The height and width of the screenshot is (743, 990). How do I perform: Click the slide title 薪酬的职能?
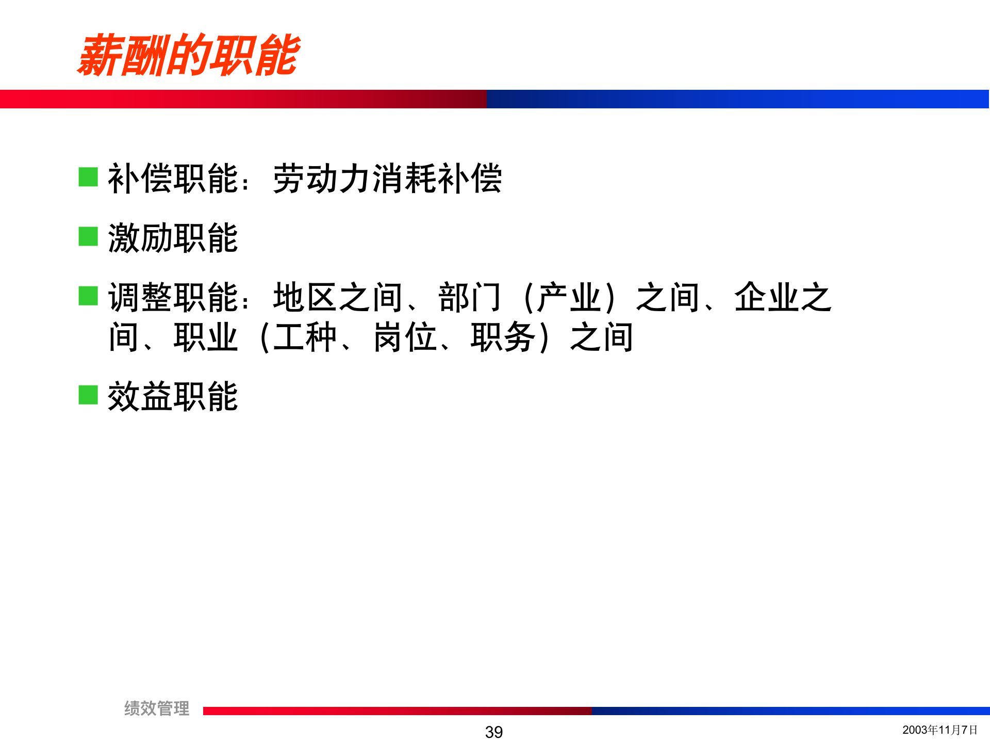(189, 55)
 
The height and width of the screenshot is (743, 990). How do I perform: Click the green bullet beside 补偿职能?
(88, 177)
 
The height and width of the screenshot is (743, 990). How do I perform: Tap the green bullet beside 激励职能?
(88, 237)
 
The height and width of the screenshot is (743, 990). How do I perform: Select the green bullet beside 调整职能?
(88, 296)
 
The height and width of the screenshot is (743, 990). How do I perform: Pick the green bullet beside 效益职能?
(88, 395)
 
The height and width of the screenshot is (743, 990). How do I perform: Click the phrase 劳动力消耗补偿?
(387, 179)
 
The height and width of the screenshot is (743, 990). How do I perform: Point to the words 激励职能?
(173, 238)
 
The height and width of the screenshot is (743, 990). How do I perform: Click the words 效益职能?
(173, 397)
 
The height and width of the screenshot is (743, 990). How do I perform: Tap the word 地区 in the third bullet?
(305, 298)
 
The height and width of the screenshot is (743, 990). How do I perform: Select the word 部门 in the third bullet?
(470, 298)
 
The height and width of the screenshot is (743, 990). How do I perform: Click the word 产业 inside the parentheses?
(569, 298)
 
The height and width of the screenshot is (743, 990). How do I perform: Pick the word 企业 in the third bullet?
(767, 298)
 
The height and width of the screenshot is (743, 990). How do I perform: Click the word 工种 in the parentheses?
(305, 337)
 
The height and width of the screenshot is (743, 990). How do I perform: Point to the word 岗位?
(405, 337)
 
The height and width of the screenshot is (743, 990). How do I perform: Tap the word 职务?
(503, 337)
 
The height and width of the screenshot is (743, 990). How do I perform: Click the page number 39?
(494, 732)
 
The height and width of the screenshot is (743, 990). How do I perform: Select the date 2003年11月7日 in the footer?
(940, 730)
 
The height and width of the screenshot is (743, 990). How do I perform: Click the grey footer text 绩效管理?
(157, 708)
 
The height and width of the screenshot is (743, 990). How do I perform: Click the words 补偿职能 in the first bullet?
(173, 179)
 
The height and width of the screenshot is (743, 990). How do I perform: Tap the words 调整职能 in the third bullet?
(173, 298)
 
